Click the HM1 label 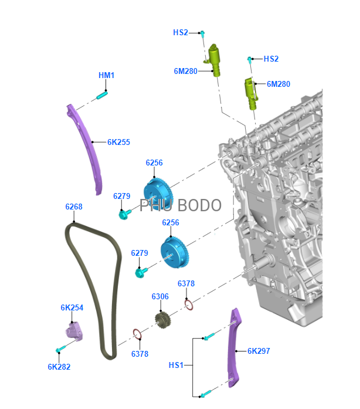[x=106, y=75]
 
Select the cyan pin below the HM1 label [x=101, y=95]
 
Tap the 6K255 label [x=118, y=142]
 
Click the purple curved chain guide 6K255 [x=86, y=146]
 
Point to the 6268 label [x=74, y=207]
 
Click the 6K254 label [x=72, y=307]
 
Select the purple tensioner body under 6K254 [x=74, y=332]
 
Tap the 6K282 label [x=59, y=367]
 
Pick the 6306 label [x=160, y=296]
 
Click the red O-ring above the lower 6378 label [x=137, y=334]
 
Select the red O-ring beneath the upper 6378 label [x=189, y=305]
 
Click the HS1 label [x=176, y=365]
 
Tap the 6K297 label [x=259, y=351]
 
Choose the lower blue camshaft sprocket [x=174, y=252]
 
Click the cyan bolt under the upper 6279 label [x=125, y=214]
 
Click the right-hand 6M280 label [x=279, y=84]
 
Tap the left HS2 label [x=181, y=32]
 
